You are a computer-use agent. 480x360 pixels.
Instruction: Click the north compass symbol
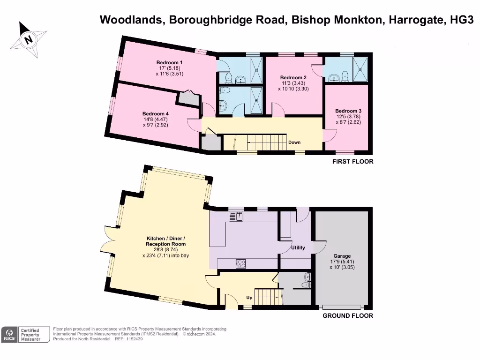pyautogui.click(x=28, y=39)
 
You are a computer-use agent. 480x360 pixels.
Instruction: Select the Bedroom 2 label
pyautogui.click(x=293, y=77)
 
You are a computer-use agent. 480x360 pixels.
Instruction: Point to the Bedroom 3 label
pyautogui.click(x=348, y=111)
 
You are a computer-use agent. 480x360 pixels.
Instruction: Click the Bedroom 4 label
pyautogui.click(x=156, y=113)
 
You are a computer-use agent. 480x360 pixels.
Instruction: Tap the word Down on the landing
pyautogui.click(x=294, y=142)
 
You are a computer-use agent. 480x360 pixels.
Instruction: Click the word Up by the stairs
pyautogui.click(x=249, y=297)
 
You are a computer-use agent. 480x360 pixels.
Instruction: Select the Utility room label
pyautogui.click(x=298, y=247)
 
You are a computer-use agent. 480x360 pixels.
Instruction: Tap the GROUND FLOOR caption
pyautogui.click(x=347, y=316)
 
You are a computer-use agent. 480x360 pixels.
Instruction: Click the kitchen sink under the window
pyautogui.click(x=235, y=216)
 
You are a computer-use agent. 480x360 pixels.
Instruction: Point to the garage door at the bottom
pyautogui.click(x=342, y=307)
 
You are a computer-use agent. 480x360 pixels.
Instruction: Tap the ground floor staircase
pyautogui.click(x=268, y=297)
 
